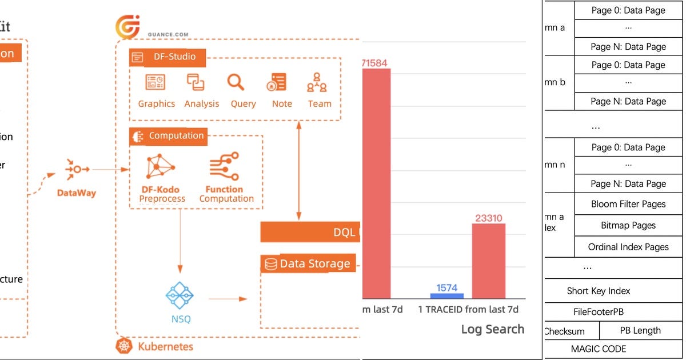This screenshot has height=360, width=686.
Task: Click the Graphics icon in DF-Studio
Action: pyautogui.click(x=155, y=83)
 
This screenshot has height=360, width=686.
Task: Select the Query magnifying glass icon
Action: pyautogui.click(x=236, y=83)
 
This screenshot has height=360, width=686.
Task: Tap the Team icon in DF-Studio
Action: pyautogui.click(x=317, y=83)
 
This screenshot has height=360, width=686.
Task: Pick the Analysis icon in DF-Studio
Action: pyautogui.click(x=196, y=83)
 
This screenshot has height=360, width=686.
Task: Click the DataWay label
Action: pyautogui.click(x=77, y=193)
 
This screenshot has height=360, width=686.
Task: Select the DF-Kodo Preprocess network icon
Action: pyautogui.click(x=161, y=166)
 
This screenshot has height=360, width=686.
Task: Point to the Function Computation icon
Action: pyautogui.click(x=225, y=166)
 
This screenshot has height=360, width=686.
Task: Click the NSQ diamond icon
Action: pyautogui.click(x=180, y=295)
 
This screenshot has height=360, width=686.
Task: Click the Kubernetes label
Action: pyautogui.click(x=165, y=346)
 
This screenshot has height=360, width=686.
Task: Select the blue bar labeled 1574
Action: pyautogui.click(x=447, y=296)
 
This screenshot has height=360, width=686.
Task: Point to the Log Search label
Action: pyautogui.click(x=492, y=329)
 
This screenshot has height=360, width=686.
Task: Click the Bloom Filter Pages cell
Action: pyautogui.click(x=628, y=204)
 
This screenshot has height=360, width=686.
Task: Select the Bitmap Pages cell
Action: pyautogui.click(x=628, y=226)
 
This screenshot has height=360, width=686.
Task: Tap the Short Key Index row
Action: pyautogui.click(x=599, y=291)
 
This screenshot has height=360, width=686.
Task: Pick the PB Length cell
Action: pyautogui.click(x=640, y=330)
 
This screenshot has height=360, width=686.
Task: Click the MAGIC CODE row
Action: pyautogui.click(x=599, y=349)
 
